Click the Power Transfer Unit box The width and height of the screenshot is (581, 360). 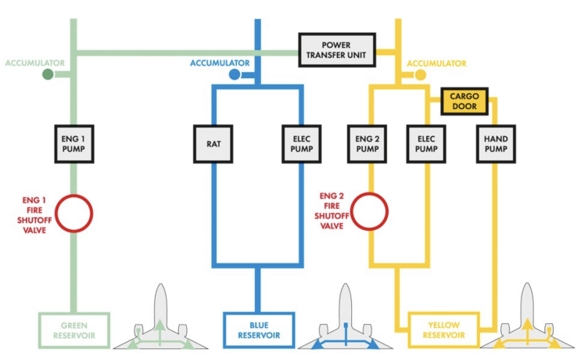pos(337,49)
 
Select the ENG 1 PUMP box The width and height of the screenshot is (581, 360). pos(74,143)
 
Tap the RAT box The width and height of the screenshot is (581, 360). pos(213,143)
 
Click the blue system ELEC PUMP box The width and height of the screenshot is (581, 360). pos(301,143)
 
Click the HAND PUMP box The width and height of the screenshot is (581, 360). pos(496,143)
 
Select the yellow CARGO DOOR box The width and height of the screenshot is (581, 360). pos(464,101)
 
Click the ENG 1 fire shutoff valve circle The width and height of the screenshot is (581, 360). pos(74,213)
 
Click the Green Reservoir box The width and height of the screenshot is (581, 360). pos(74,329)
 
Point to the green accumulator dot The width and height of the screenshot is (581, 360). pos(48,74)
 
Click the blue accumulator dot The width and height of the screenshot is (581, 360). pos(234,74)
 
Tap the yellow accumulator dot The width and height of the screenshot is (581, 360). pos(420,74)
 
